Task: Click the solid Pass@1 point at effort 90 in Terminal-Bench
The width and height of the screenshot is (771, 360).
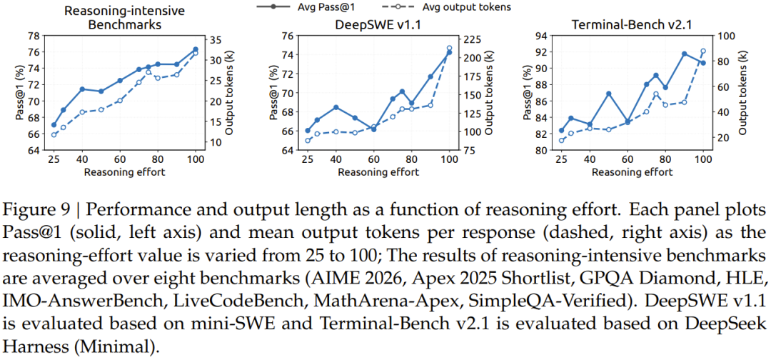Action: point(684,54)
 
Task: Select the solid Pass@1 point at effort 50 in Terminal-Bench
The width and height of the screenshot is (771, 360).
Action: point(608,94)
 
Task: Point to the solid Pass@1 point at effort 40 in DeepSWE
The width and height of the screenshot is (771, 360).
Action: point(336,107)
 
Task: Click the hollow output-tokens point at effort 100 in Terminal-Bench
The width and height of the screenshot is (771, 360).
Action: point(703,51)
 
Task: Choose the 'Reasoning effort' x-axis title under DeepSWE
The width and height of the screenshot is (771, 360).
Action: point(378,172)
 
